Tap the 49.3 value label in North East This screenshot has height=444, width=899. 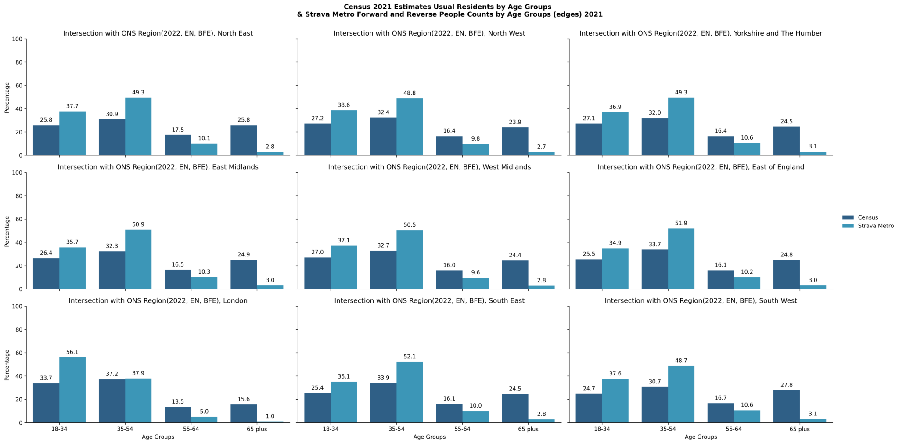click(x=138, y=93)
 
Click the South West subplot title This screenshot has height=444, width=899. click(x=701, y=301)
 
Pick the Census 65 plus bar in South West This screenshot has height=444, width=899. click(x=786, y=406)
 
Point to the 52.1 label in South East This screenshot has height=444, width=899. click(x=410, y=357)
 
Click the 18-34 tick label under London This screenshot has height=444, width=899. click(x=59, y=429)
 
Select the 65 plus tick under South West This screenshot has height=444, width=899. click(x=799, y=429)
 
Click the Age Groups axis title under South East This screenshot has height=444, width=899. click(x=429, y=437)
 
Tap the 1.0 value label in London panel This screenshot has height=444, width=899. click(x=270, y=416)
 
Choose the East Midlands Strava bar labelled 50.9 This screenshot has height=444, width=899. click(x=138, y=259)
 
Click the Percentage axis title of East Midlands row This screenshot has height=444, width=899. click(x=7, y=231)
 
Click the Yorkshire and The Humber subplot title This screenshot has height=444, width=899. click(x=701, y=33)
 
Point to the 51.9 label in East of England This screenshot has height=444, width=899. click(x=681, y=223)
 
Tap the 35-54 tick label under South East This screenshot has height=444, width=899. click(x=396, y=429)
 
